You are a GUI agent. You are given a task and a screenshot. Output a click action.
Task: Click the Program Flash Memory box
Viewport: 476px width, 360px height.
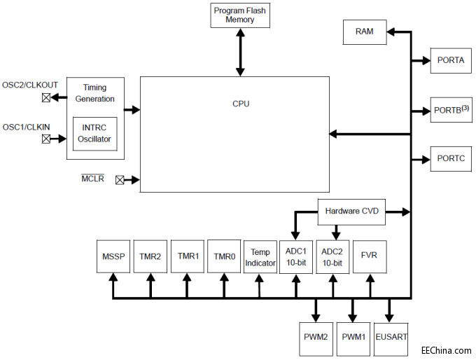pyautogui.click(x=240, y=15)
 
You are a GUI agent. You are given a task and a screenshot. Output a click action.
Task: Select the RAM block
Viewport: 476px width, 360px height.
pyautogui.click(x=364, y=32)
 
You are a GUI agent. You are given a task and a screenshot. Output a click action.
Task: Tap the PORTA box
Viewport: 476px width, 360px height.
pyautogui.click(x=450, y=60)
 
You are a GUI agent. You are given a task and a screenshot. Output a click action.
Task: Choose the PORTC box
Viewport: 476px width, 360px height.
pyautogui.click(x=450, y=159)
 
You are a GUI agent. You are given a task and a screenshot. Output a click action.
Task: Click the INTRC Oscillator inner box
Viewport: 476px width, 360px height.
pyautogui.click(x=94, y=134)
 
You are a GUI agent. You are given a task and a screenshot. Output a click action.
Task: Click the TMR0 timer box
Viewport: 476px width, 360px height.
pyautogui.click(x=223, y=256)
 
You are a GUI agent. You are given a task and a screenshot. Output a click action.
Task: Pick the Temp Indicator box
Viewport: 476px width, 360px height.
pyautogui.click(x=260, y=256)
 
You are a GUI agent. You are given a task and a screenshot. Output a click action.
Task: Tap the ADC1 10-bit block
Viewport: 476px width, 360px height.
pyautogui.click(x=297, y=256)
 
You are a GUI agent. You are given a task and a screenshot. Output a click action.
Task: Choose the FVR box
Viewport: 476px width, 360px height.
pyautogui.click(x=369, y=256)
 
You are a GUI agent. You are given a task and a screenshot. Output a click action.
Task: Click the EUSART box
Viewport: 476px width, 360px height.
pyautogui.click(x=391, y=337)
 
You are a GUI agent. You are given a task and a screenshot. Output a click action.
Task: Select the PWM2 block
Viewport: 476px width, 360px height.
pyautogui.click(x=316, y=337)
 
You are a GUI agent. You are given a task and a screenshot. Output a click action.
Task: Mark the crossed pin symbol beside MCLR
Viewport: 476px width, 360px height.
pyautogui.click(x=120, y=180)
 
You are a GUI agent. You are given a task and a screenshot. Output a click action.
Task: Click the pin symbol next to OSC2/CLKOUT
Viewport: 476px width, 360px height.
pyautogui.click(x=46, y=97)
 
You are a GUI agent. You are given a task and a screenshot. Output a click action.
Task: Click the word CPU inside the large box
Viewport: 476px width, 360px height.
pyautogui.click(x=241, y=104)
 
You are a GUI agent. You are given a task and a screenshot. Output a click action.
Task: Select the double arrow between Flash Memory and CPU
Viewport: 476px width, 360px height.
pyautogui.click(x=240, y=52)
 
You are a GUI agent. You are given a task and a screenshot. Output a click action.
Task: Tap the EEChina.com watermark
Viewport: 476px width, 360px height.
pyautogui.click(x=445, y=349)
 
